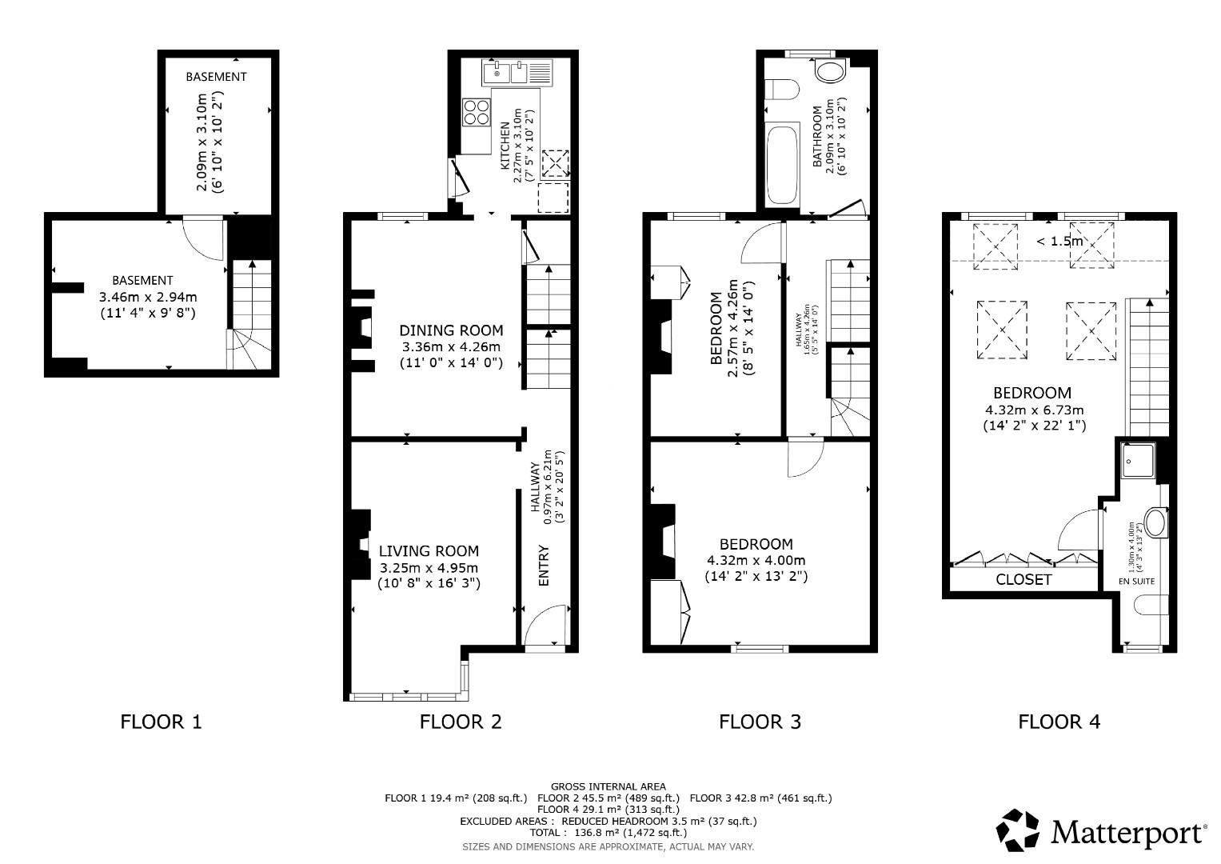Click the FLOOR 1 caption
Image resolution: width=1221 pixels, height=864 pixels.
(161, 722)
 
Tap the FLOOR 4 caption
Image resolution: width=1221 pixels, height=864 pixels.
(1059, 722)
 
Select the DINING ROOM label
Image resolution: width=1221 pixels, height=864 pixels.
(451, 330)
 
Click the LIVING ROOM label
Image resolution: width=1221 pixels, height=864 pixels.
(429, 550)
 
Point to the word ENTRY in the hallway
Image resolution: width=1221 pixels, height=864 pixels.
(545, 566)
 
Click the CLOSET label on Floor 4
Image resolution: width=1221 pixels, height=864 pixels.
(1023, 579)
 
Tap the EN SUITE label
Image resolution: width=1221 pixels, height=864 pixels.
(1136, 582)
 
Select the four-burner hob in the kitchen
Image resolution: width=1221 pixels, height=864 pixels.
(477, 112)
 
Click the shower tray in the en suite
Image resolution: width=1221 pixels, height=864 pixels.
(1137, 461)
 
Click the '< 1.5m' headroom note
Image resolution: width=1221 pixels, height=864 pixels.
(1059, 241)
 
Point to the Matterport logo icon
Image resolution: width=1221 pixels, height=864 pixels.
(1018, 830)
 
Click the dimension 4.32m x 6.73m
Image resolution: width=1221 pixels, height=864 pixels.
(1034, 410)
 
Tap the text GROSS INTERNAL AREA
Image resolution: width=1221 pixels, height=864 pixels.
(608, 786)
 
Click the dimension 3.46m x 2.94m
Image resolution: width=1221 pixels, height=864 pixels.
(147, 297)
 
